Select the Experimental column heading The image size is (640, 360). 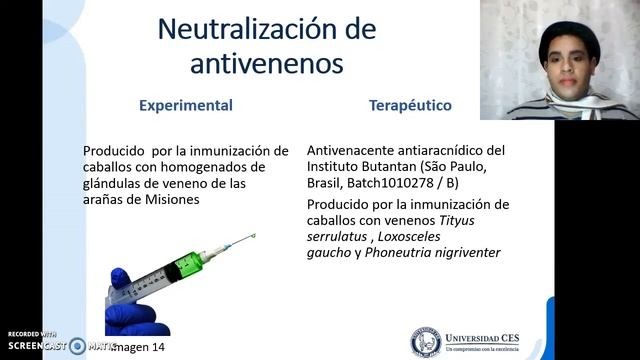click(x=186, y=105)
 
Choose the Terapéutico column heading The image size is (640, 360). click(x=410, y=105)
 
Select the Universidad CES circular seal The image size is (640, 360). click(x=426, y=341)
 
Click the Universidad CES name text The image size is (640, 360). click(x=491, y=336)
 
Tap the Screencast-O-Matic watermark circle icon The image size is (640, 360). click(x=77, y=346)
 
